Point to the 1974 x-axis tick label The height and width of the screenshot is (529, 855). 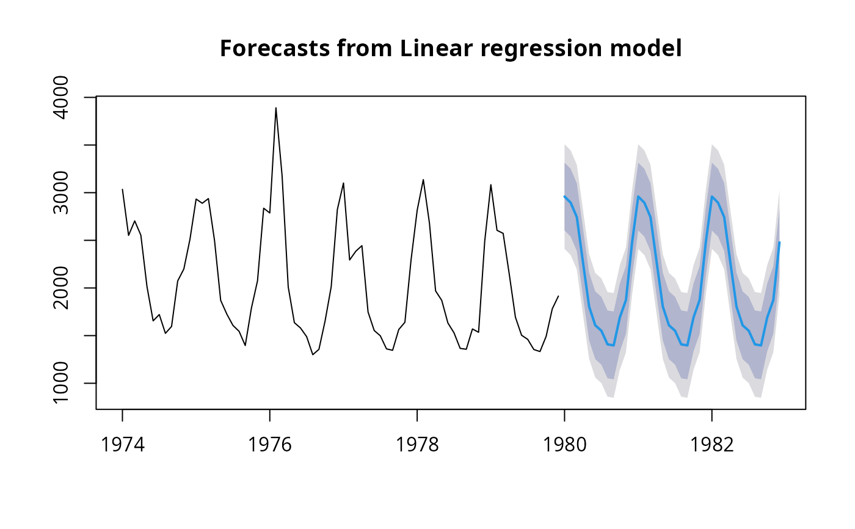click(122, 445)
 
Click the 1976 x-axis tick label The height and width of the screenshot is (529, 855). click(269, 445)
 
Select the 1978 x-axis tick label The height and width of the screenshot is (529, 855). click(417, 445)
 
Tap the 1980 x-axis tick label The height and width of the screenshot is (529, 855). click(564, 445)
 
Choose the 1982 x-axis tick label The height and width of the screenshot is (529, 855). click(711, 445)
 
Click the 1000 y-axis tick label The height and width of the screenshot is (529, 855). click(64, 383)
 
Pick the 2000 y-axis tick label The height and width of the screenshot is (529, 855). click(64, 288)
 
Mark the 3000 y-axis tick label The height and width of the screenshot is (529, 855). click(64, 192)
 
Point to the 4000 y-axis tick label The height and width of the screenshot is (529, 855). click(64, 97)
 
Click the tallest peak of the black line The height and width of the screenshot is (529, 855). click(275, 108)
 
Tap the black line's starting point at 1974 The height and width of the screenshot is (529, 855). click(122, 189)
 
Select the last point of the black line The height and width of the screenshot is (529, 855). click(558, 296)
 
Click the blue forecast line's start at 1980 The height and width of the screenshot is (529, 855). click(564, 197)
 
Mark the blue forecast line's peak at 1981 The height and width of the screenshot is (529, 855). click(638, 196)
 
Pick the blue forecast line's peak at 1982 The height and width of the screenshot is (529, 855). click(712, 196)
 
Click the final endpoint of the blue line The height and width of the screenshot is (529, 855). click(779, 243)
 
